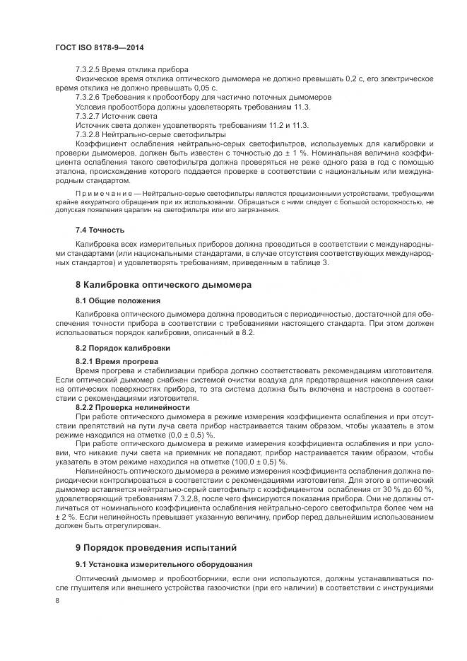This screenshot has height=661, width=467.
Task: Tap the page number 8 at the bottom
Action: coord(57,600)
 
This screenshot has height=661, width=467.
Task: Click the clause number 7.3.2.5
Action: coord(90,69)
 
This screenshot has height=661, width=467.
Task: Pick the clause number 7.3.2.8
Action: coord(90,133)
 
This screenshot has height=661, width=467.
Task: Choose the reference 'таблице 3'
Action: coord(326,264)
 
